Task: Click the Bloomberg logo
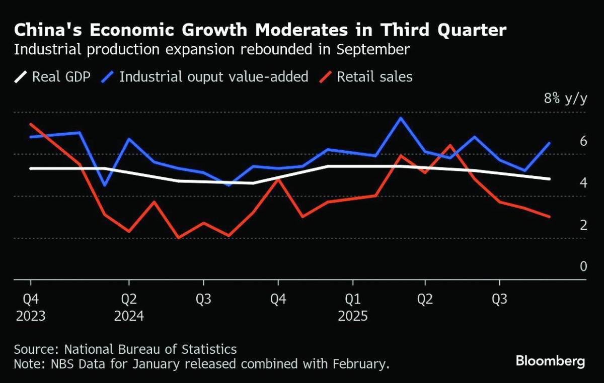click(550, 361)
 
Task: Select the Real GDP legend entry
click(52, 77)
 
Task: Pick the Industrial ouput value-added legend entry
click(206, 77)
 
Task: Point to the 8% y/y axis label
click(565, 99)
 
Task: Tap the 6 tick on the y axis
click(583, 141)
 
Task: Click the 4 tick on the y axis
click(583, 183)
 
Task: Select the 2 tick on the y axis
click(583, 225)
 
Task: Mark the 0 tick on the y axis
click(583, 266)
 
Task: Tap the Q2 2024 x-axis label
click(129, 308)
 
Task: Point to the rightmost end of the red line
click(549, 217)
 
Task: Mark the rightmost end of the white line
click(549, 178)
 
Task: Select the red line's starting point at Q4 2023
click(31, 124)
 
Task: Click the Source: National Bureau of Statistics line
click(125, 349)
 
